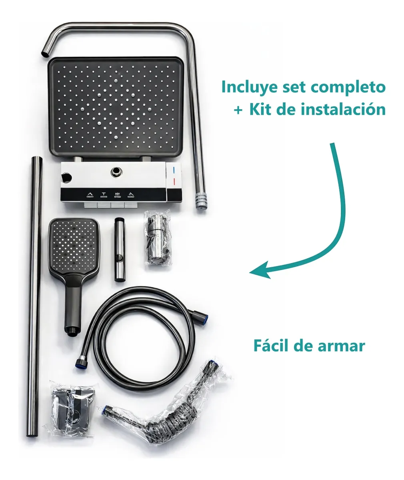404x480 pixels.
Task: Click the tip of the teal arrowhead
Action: pos(250,273)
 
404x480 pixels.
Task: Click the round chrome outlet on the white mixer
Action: pos(116,172)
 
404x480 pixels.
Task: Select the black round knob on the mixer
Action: pos(66,178)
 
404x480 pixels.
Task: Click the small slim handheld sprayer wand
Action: pos(120,250)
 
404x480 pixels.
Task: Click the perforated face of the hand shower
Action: pos(74,244)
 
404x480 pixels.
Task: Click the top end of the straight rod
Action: pos(37,158)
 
